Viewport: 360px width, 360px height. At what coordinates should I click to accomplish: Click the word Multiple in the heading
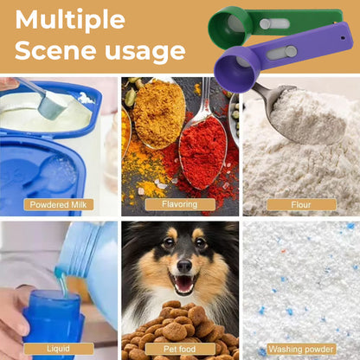click(x=70, y=20)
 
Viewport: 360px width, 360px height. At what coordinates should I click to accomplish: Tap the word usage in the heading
click(x=145, y=51)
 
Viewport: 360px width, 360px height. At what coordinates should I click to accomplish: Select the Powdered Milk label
click(x=59, y=205)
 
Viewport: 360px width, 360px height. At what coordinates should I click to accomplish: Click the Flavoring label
click(x=180, y=204)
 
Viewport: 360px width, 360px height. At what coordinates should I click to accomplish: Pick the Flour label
click(x=301, y=205)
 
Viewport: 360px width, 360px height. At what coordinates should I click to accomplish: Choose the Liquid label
click(x=59, y=349)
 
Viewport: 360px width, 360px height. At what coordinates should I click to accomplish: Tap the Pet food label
click(x=180, y=349)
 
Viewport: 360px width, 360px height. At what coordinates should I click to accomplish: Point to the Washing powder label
click(x=301, y=350)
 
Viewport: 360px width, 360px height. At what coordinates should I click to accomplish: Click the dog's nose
click(x=184, y=266)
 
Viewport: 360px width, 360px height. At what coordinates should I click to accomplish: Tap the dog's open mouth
click(x=184, y=284)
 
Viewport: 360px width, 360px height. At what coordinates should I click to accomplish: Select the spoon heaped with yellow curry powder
click(x=158, y=112)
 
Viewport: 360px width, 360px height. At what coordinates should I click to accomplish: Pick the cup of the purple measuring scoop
click(x=237, y=70)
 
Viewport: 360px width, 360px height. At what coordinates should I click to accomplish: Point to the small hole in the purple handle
click(x=343, y=37)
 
